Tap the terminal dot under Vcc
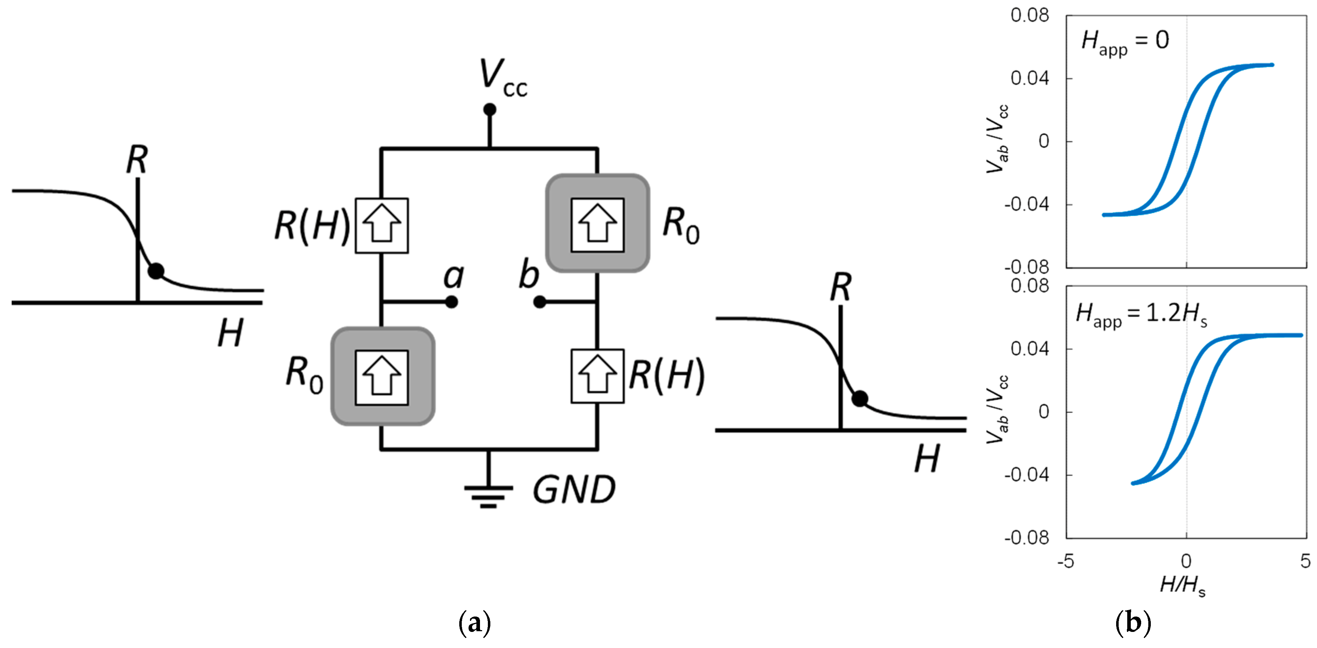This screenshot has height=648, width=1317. tap(489, 109)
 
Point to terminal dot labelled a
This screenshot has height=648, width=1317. tap(451, 302)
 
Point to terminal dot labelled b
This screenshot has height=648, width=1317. tap(539, 302)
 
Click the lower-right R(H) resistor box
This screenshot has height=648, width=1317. tap(597, 376)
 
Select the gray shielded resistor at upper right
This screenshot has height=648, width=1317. tap(597, 223)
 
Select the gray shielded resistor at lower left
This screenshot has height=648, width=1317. tap(382, 376)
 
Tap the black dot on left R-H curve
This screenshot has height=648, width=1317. tap(156, 271)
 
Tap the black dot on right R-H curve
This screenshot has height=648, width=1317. tap(860, 399)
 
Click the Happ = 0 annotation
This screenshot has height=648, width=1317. tap(1125, 41)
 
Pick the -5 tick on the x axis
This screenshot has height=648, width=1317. tap(1066, 562)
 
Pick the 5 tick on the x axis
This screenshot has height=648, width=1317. tap(1305, 562)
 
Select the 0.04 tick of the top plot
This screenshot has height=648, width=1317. tap(1029, 78)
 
